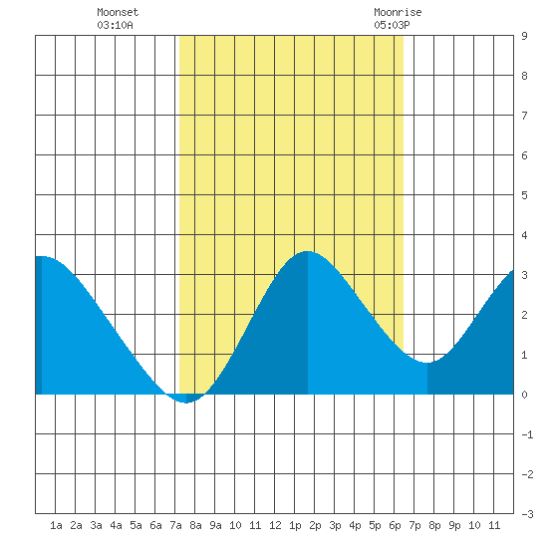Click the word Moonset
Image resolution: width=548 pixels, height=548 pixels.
tap(118, 12)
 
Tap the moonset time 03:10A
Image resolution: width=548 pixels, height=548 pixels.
tap(115, 25)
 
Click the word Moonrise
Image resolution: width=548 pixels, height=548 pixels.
tap(398, 12)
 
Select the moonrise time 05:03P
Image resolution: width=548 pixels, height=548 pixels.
tap(392, 25)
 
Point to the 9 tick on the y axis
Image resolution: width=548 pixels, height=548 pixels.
tap(524, 36)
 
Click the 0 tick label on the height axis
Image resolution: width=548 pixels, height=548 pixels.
tap(524, 395)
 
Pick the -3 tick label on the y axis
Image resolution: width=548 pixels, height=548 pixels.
tap(527, 514)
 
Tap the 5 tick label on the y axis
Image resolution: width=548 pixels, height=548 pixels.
tap(524, 195)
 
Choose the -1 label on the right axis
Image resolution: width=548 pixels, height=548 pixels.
tap(527, 434)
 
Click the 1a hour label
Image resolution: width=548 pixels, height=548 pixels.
tap(56, 525)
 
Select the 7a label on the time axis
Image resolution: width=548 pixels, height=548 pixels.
tap(175, 525)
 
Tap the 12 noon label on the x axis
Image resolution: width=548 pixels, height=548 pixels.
tap(275, 525)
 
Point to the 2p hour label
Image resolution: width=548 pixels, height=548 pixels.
tap(315, 525)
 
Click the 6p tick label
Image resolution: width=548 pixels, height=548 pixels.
tap(395, 525)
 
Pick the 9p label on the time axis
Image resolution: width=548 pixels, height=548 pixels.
tap(454, 525)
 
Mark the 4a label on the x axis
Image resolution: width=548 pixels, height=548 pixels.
tap(116, 525)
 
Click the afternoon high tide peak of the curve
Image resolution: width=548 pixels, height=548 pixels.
tap(307, 251)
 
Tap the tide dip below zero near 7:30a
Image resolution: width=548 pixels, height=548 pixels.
tap(186, 403)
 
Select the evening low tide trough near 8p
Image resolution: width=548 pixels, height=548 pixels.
tap(427, 363)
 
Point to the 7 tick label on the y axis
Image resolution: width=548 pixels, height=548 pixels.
tap(524, 116)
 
